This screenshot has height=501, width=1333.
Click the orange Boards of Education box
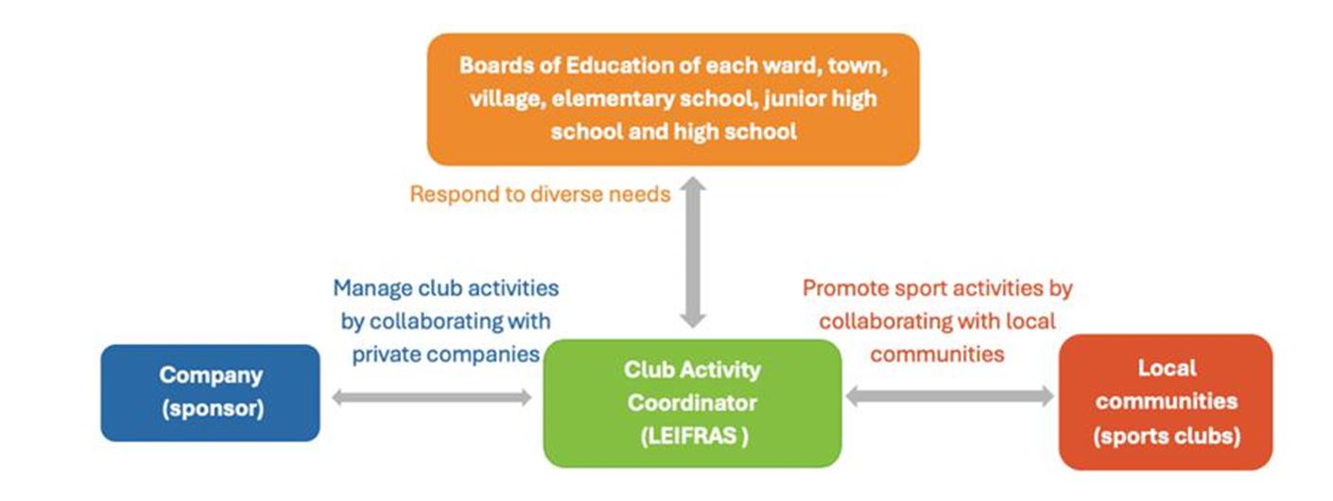point(673,99)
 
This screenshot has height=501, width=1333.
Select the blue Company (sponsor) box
point(210,392)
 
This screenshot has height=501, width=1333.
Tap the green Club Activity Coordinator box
point(692,404)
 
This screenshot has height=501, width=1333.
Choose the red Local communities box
point(1166,403)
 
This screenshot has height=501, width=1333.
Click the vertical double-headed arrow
point(693,252)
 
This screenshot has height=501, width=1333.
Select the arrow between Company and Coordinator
point(431,397)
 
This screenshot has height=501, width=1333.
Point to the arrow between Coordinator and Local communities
point(950,396)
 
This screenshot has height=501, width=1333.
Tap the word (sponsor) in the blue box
point(213,408)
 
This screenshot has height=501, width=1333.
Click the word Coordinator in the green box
point(692,403)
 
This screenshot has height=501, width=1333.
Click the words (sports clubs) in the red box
point(1167,436)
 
